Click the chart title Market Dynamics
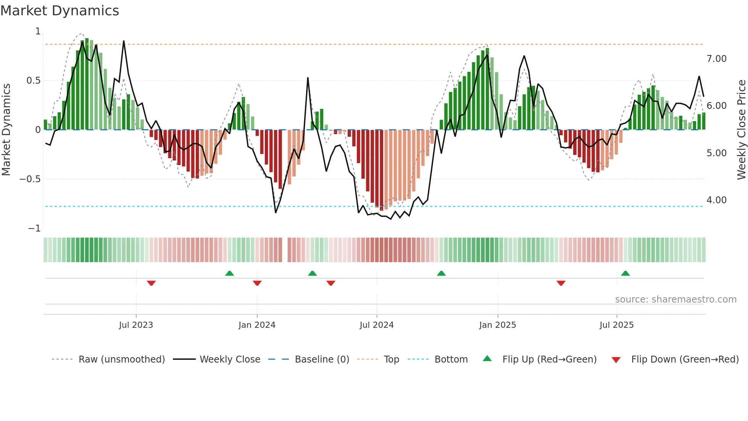point(60,11)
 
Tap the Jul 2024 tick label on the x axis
point(376,325)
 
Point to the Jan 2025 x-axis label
point(497,325)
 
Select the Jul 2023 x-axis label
point(136,325)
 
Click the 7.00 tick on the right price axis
point(716,59)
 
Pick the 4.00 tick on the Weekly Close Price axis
point(716,200)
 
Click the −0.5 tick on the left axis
point(30,179)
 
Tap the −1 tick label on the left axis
point(34,228)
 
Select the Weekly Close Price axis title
point(741,130)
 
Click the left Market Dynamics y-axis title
point(6,130)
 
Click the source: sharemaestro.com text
point(675,300)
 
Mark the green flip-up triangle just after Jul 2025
point(625,274)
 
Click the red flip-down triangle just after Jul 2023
point(151,283)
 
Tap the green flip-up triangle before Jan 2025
point(441,274)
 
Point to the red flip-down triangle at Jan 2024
point(257,283)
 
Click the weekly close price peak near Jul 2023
point(124,41)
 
